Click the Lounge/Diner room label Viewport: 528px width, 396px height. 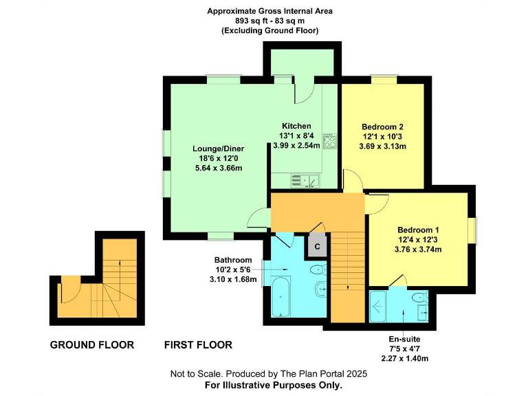[x=219, y=148]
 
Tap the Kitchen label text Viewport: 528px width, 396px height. [x=295, y=126]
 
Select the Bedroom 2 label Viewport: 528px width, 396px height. [x=382, y=126]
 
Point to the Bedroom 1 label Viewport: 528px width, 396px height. [x=417, y=230]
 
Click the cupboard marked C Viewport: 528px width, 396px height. [x=318, y=245]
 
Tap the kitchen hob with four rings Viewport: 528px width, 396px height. [x=329, y=142]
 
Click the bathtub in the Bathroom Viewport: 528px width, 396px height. [x=280, y=299]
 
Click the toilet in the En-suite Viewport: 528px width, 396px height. [x=419, y=298]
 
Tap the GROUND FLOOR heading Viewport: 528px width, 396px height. [x=92, y=344]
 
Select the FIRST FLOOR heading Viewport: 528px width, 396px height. [x=198, y=344]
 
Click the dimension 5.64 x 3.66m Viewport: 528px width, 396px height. [x=219, y=168]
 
